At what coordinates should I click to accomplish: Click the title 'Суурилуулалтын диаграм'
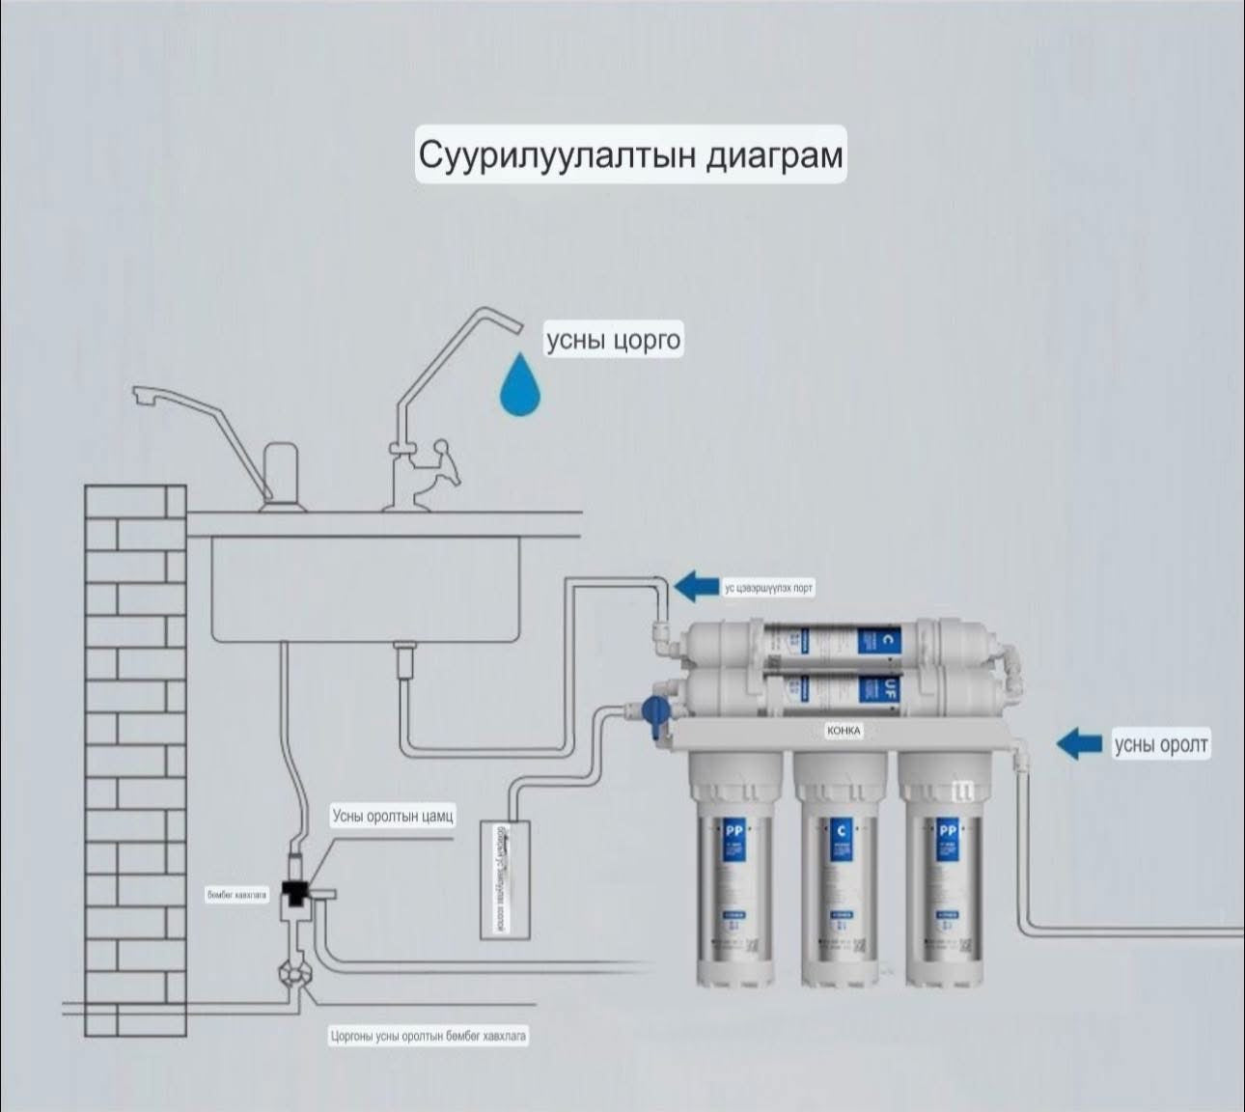(630, 154)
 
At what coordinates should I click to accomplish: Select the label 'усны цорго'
(614, 341)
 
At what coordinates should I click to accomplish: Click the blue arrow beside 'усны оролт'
(1080, 743)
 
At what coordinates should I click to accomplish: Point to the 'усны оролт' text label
(1161, 744)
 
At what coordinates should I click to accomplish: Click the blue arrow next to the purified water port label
(696, 586)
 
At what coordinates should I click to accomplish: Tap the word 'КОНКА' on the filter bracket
(844, 731)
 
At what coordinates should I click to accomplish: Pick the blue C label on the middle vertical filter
(843, 829)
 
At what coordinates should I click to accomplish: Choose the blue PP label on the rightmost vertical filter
(947, 829)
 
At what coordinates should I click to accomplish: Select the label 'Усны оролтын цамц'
(393, 817)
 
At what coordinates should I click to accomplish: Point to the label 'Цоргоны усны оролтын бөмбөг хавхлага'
(429, 1036)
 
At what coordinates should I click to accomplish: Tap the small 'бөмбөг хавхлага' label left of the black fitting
(236, 895)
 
